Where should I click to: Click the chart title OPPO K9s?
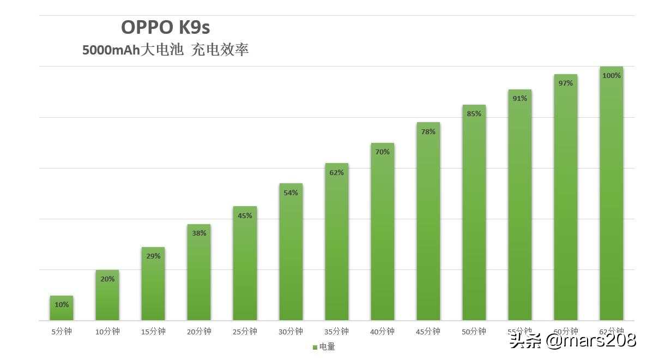[165, 27]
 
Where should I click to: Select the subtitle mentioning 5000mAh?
[165, 50]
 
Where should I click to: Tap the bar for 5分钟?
[62, 309]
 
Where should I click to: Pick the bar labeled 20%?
[107, 297]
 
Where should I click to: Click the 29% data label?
[153, 256]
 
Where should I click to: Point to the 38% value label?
[199, 233]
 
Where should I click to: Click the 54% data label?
[291, 193]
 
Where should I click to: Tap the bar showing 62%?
[336, 242]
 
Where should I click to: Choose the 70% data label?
[382, 152]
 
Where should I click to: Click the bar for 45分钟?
[428, 221]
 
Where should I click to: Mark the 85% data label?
[474, 113]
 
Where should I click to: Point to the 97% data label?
[565, 83]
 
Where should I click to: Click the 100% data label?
[611, 75]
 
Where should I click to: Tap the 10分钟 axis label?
[107, 332]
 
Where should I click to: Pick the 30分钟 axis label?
[291, 332]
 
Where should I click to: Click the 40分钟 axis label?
[382, 332]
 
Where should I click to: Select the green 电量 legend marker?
[315, 347]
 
